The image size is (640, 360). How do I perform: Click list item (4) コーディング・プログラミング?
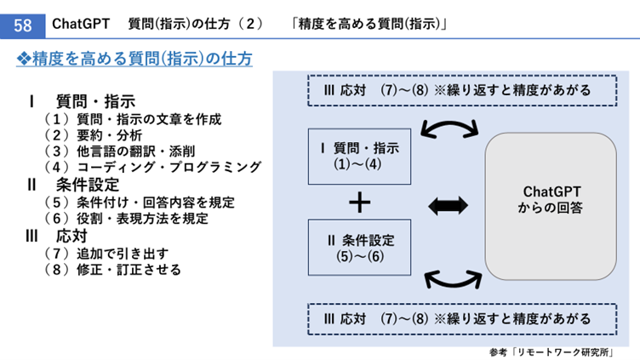pos(152,167)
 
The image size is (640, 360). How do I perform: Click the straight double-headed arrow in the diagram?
pos(448,203)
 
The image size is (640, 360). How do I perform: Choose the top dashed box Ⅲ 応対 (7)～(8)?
pos(457,89)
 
